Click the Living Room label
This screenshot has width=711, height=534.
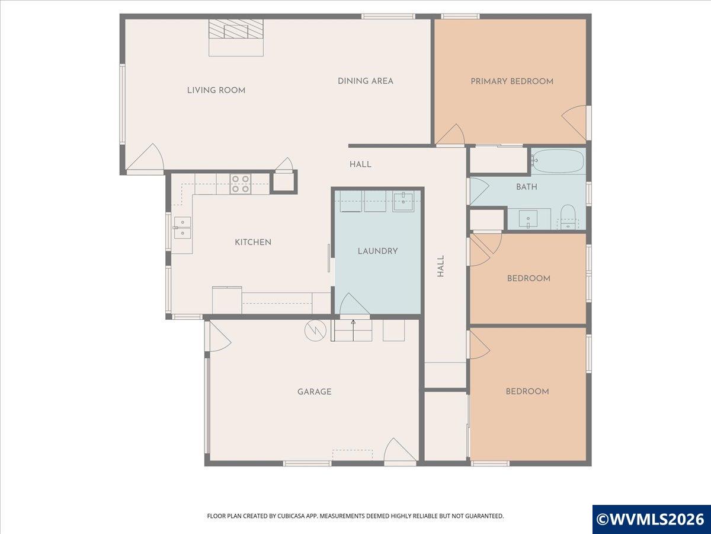coord(216,90)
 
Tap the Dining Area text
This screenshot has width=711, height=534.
coord(366,81)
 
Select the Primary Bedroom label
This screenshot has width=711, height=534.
coord(512,81)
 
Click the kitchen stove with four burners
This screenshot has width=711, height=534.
coord(241,184)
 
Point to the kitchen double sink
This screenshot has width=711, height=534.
coord(182,228)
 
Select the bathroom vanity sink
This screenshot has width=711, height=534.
coord(528,219)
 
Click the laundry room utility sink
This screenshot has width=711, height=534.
coord(403,201)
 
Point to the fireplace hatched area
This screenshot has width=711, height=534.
coord(236,28)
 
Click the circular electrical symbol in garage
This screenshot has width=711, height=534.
coord(315,330)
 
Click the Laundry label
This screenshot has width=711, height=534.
coord(377,251)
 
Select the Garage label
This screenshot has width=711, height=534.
coord(314,392)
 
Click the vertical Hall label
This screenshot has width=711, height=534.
coord(441,266)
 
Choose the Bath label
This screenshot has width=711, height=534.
coord(527,187)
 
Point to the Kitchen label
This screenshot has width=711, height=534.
coord(253,242)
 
